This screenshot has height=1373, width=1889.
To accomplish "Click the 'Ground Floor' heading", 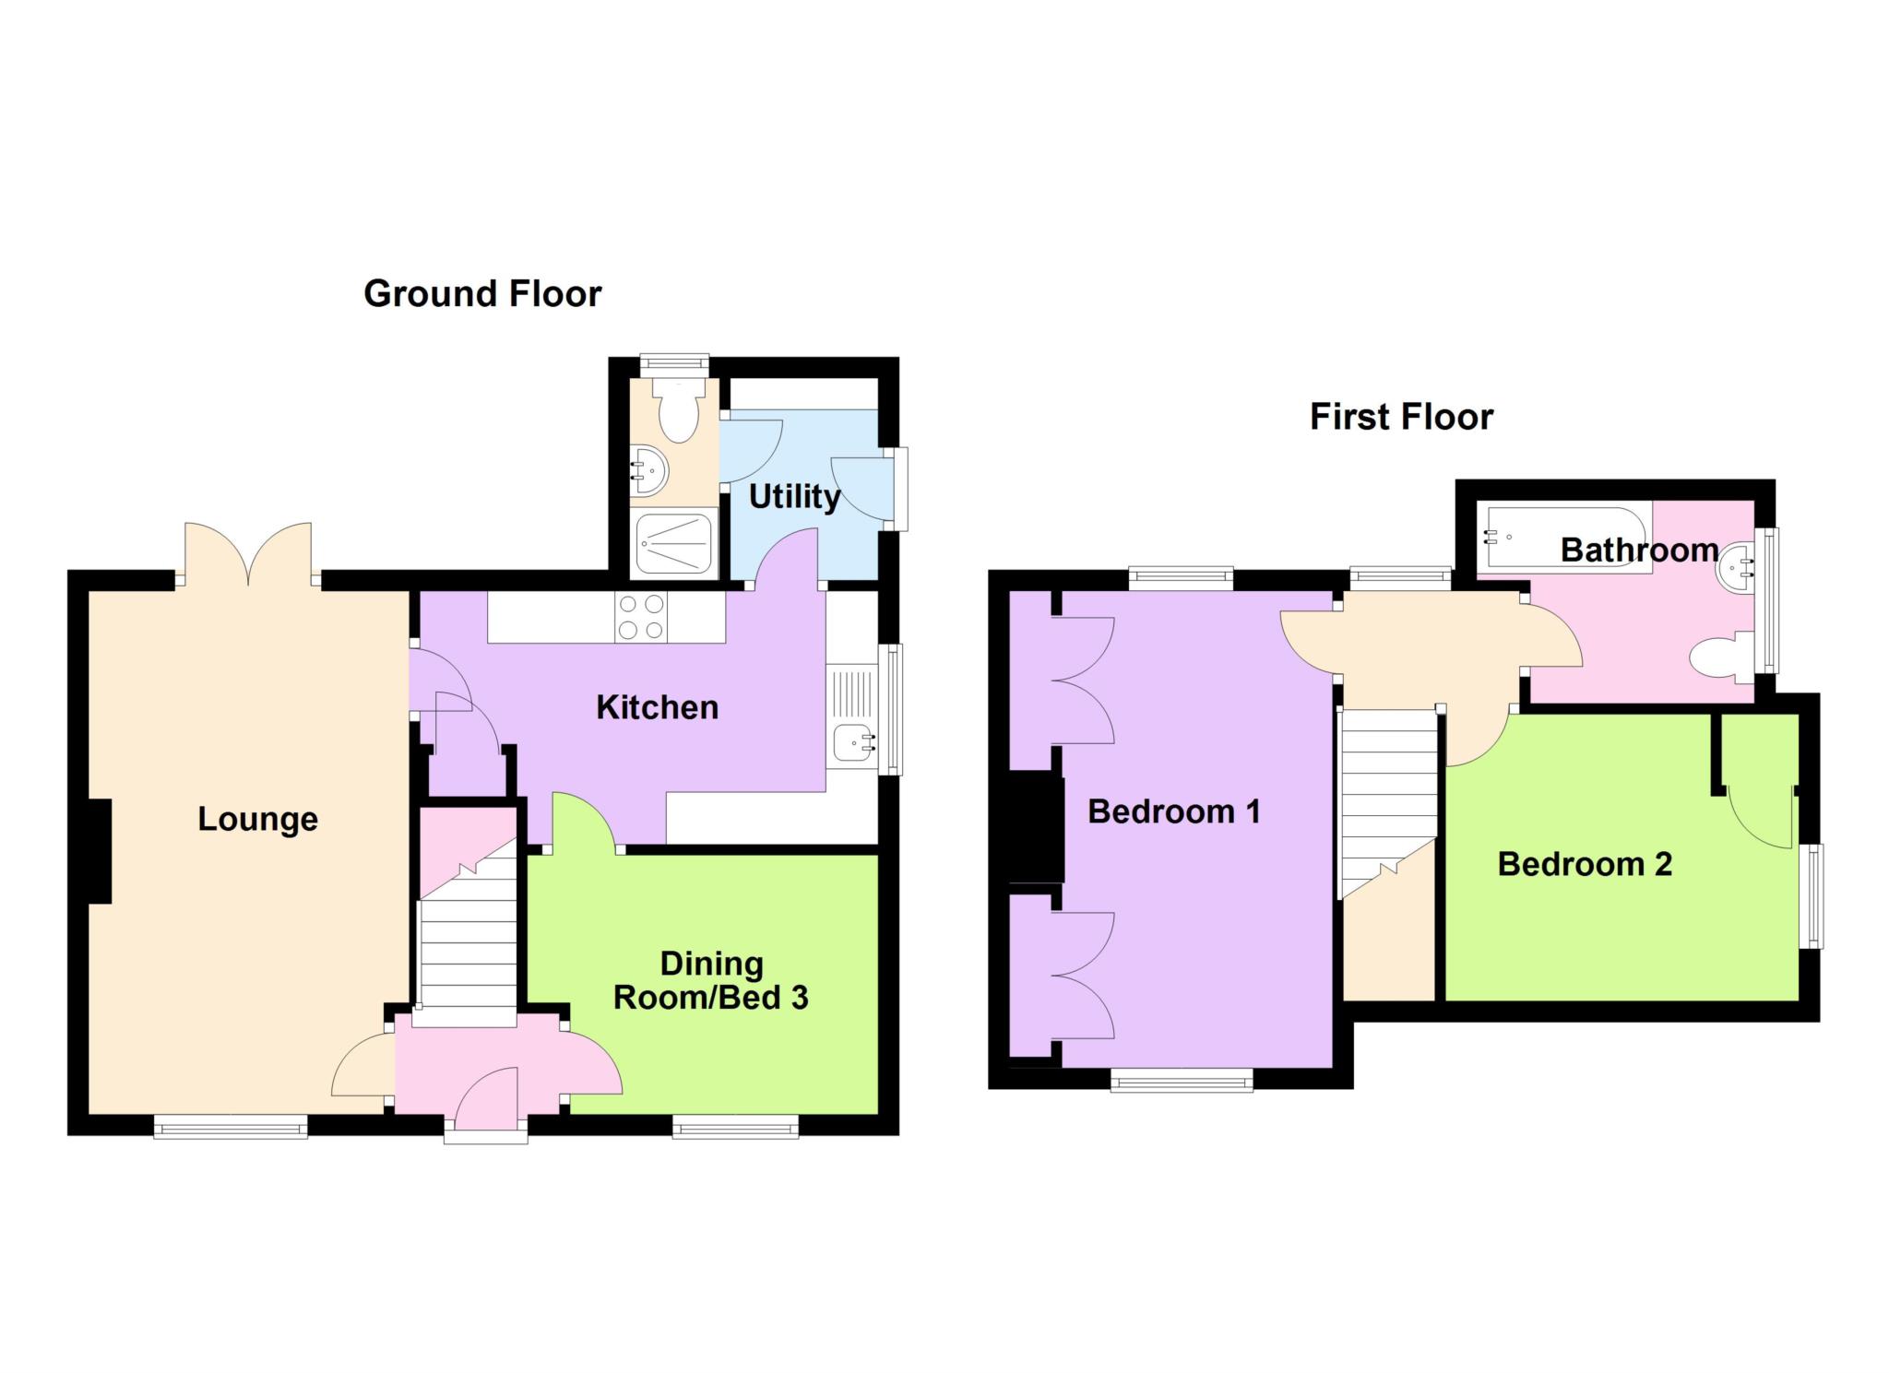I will pyautogui.click(x=482, y=294).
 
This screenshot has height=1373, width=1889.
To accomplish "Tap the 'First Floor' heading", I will pyautogui.click(x=1401, y=417).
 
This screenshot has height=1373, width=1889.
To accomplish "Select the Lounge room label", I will pyautogui.click(x=258, y=819).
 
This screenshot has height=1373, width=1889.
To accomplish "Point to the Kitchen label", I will pyautogui.click(x=657, y=707).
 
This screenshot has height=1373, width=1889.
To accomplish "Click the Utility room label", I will pyautogui.click(x=794, y=497).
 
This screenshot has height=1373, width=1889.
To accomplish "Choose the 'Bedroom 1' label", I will pyautogui.click(x=1173, y=811).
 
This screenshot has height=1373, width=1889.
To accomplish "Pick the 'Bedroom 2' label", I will pyautogui.click(x=1585, y=864).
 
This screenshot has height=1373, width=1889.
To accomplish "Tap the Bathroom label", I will pyautogui.click(x=1639, y=550).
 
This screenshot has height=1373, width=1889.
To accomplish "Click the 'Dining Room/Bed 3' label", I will pyautogui.click(x=711, y=981).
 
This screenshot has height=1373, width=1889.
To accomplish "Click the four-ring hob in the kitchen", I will pyautogui.click(x=641, y=618).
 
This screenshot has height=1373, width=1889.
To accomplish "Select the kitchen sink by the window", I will pyautogui.click(x=853, y=741).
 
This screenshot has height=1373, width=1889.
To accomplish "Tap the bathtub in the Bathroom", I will pyautogui.click(x=1563, y=538).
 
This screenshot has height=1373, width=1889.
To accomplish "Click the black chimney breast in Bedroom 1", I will pyautogui.click(x=1038, y=829).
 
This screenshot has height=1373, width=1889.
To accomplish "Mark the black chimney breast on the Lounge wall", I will pyautogui.click(x=100, y=851).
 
